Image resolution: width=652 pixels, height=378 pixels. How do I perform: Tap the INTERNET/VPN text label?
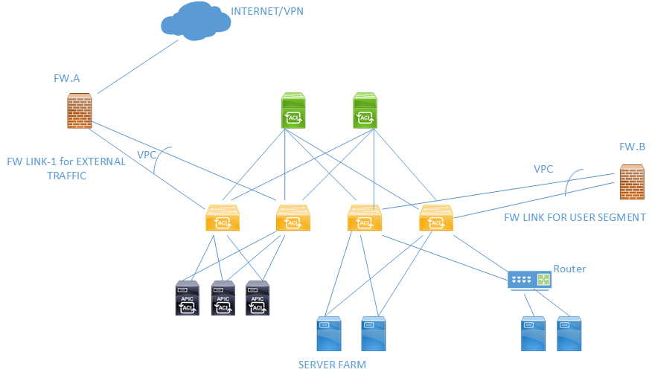pyautogui.click(x=267, y=11)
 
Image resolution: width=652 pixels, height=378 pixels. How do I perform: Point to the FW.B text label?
pyautogui.click(x=632, y=147)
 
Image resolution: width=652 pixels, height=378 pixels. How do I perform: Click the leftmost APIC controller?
pyautogui.click(x=186, y=298)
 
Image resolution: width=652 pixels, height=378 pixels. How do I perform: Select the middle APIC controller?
pyautogui.click(x=222, y=298)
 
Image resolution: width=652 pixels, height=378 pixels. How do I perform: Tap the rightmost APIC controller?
pyautogui.click(x=257, y=298)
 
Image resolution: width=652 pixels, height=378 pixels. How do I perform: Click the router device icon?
pyautogui.click(x=530, y=279)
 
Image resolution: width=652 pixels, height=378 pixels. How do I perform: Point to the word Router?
pyautogui.click(x=569, y=269)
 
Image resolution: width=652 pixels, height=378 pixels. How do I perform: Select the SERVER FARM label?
pyautogui.click(x=332, y=365)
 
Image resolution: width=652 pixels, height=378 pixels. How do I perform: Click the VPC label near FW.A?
pyautogui.click(x=147, y=155)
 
